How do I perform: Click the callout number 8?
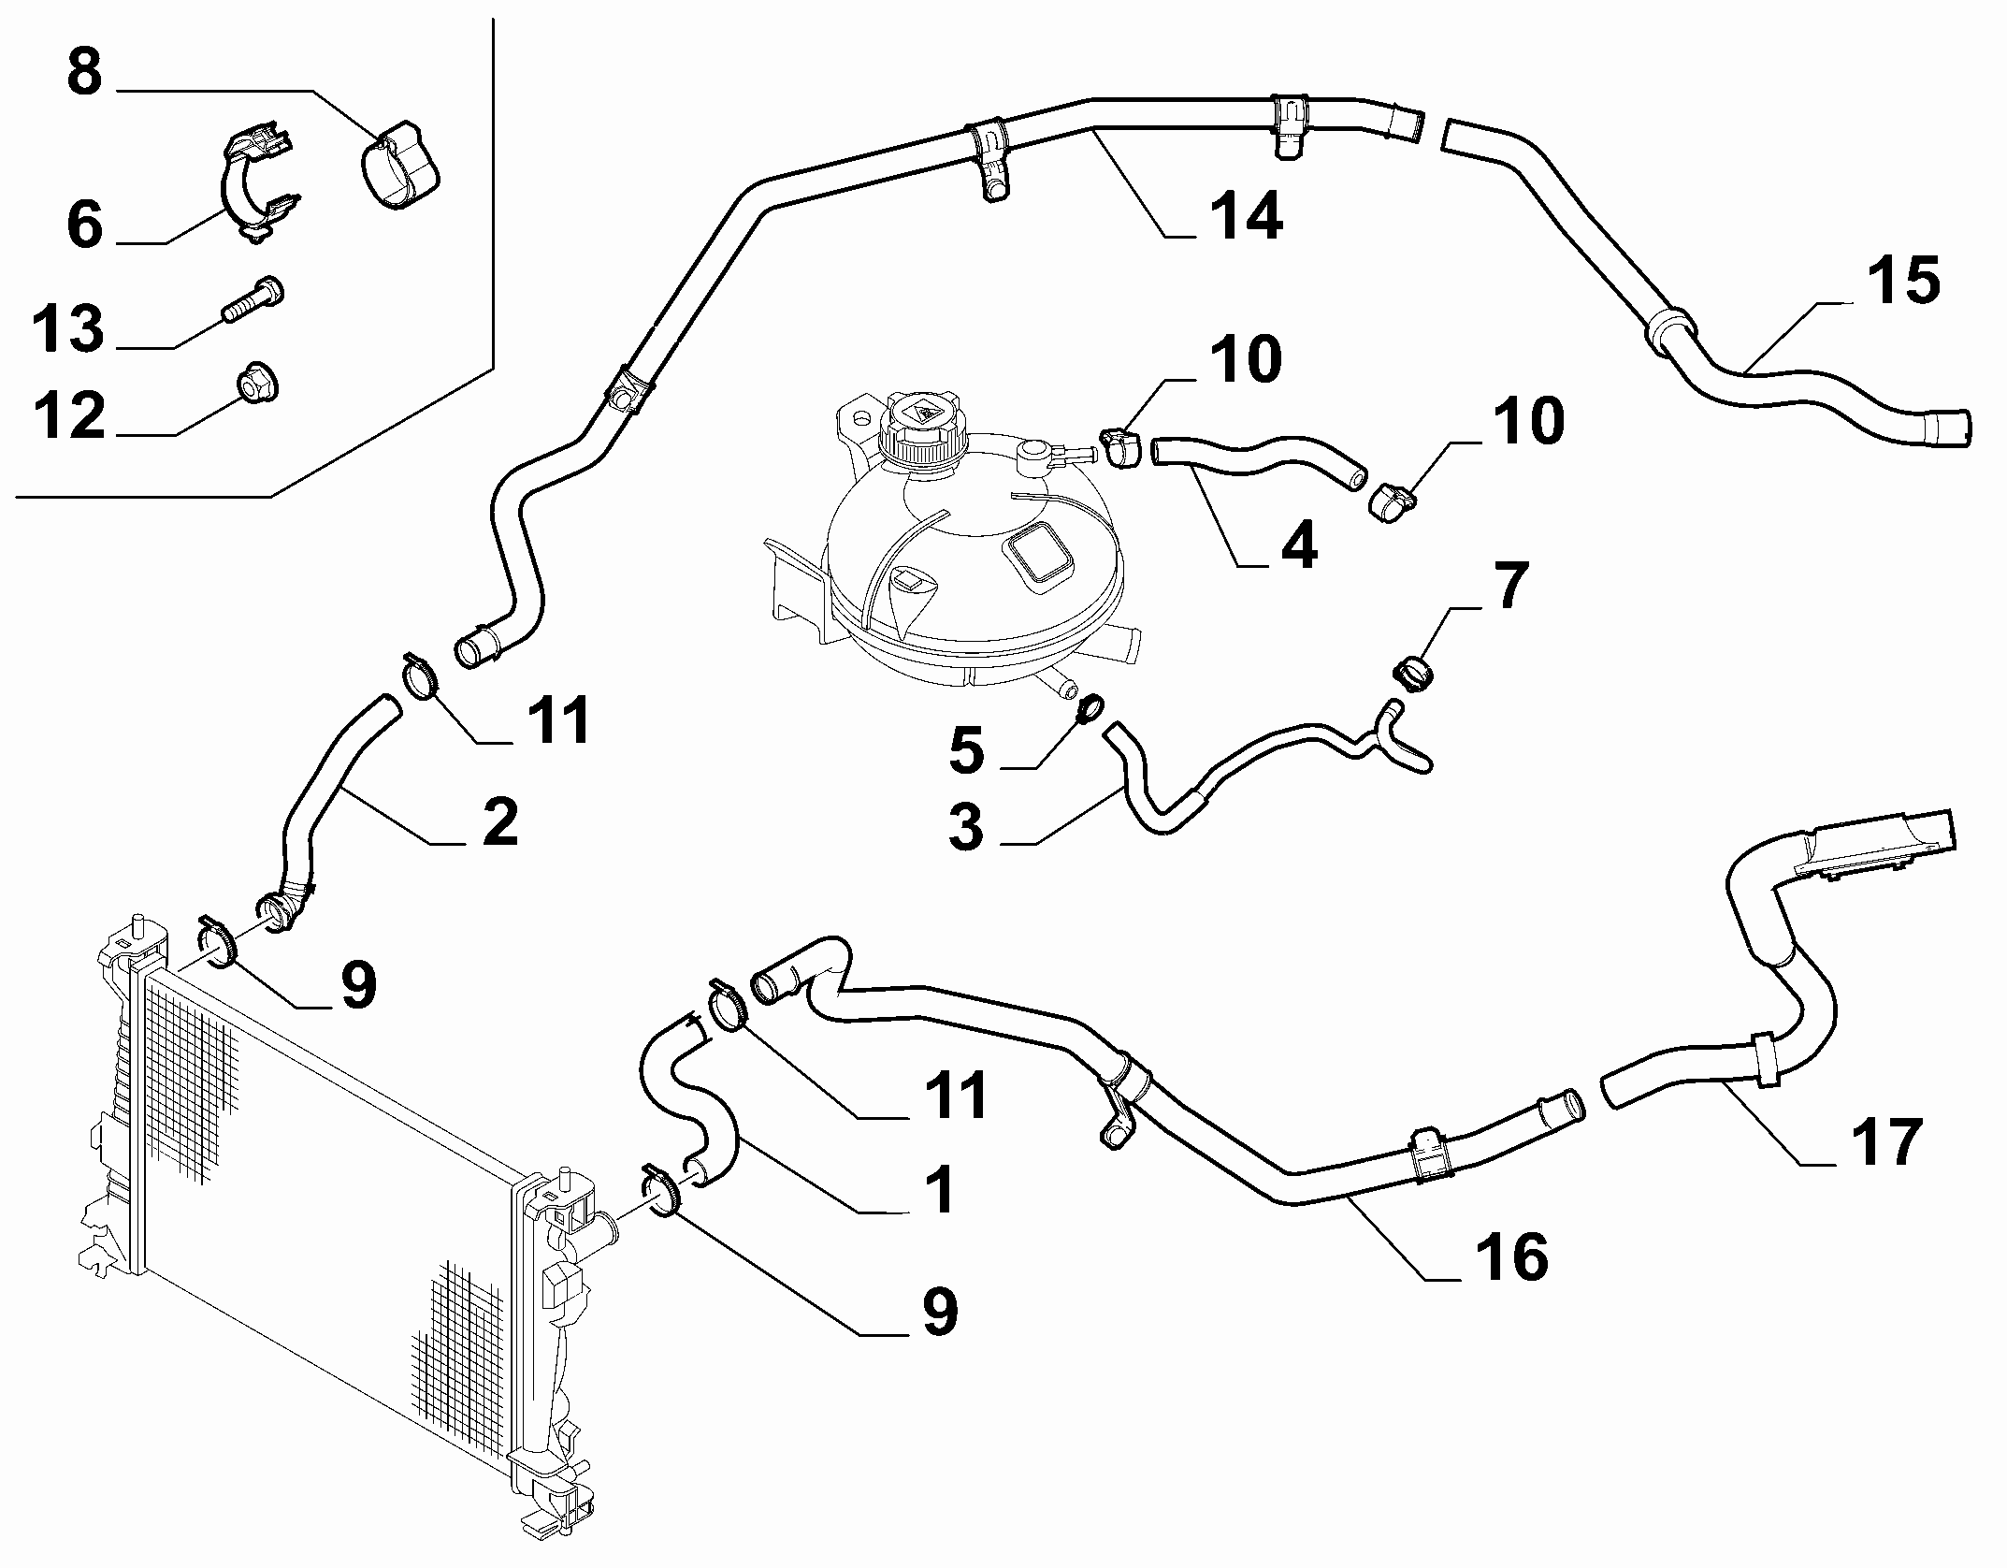[84, 72]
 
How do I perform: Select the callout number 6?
[84, 225]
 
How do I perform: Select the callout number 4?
[1298, 544]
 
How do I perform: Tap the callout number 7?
[1509, 586]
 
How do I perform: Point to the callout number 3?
[966, 827]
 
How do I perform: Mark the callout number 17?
[1887, 1141]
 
